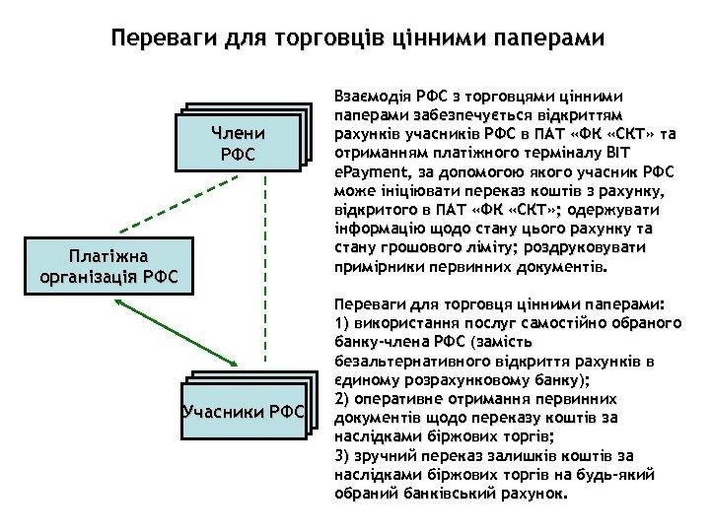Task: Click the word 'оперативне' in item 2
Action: (x=397, y=398)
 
